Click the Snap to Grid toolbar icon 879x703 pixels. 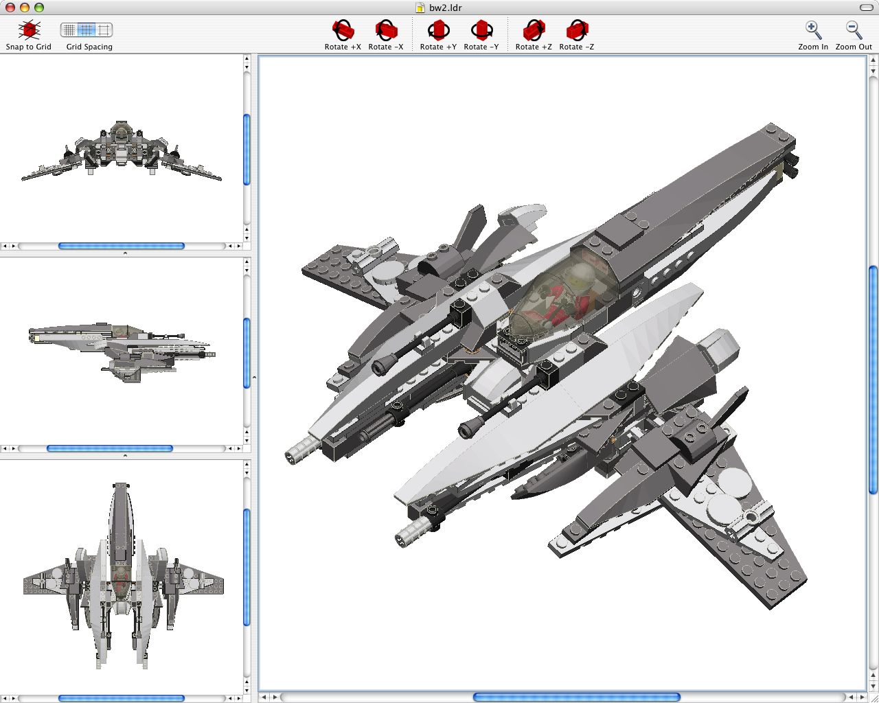pos(29,30)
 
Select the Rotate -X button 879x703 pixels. pos(386,30)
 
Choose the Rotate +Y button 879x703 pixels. pos(438,30)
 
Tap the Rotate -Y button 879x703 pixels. pos(481,30)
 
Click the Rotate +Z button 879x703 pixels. pos(534,30)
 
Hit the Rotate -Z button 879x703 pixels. pos(577,30)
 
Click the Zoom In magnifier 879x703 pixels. pos(813,30)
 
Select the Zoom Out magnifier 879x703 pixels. pos(854,30)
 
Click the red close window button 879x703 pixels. pos(10,8)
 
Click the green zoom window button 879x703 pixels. pos(39,8)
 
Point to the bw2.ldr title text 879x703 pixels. pos(446,8)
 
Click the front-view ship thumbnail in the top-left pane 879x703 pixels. pos(122,151)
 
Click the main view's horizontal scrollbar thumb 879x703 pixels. pos(576,698)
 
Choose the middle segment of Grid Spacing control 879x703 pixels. pos(87,30)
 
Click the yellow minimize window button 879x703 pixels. pos(25,8)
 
